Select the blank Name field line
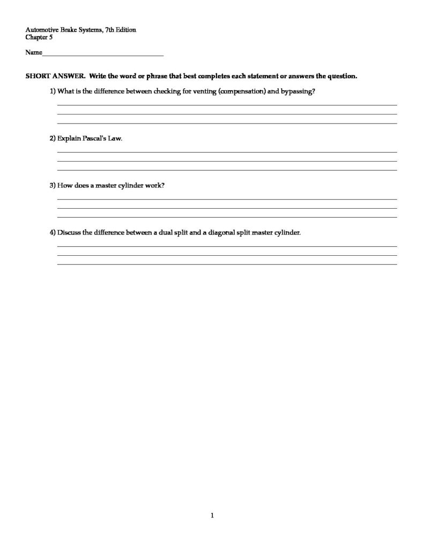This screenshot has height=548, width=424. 102,53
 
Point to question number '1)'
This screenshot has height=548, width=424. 53,92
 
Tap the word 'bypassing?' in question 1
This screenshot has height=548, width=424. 298,92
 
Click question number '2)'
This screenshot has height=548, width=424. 53,138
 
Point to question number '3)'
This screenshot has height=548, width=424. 53,185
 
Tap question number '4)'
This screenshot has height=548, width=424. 53,232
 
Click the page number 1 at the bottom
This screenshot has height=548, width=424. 212,516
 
